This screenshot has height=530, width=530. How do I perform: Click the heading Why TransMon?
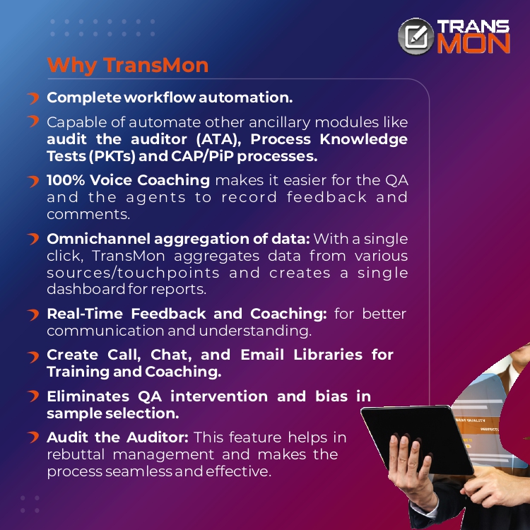pos(128,65)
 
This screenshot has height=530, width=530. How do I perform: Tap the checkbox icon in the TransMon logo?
pos(416,36)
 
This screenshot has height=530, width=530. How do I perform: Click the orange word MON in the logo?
pos(473,44)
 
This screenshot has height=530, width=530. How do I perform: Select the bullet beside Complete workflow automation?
pos(33,98)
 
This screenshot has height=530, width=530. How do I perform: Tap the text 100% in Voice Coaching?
pos(66,180)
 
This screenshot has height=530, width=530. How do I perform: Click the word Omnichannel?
pos(98,239)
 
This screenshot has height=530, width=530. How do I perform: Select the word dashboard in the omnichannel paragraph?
pos(86,289)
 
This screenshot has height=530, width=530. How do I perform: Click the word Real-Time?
pos(85,314)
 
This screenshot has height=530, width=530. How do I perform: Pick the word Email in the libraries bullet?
pos(262,355)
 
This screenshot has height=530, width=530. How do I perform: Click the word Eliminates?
pos(88,396)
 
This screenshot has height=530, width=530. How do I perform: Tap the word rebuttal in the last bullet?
pos(76,454)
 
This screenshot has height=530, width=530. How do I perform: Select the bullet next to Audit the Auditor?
pos(33,437)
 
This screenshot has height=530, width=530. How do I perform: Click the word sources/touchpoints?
pos(133,273)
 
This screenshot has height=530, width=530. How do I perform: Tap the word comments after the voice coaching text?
pos(88,214)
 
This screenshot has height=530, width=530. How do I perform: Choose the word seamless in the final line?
pos(140,471)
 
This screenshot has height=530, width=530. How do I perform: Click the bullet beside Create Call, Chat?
pos(33,357)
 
